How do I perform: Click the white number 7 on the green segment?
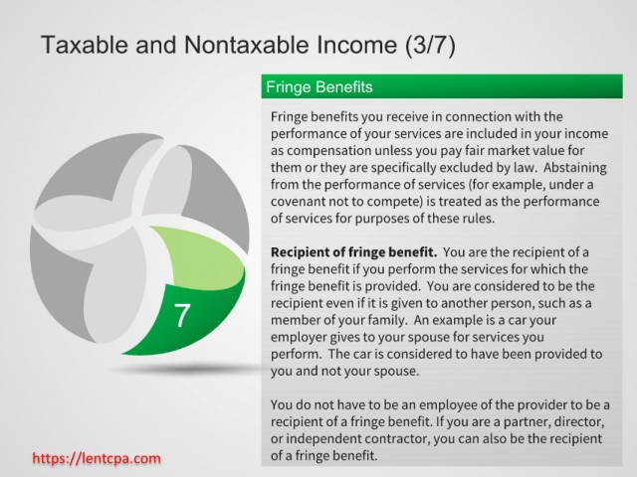182,316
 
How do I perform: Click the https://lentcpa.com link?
97,459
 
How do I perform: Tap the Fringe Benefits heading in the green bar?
319,87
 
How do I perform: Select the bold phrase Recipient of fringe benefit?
354,252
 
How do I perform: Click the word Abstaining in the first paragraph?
575,168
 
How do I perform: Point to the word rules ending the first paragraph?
479,219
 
